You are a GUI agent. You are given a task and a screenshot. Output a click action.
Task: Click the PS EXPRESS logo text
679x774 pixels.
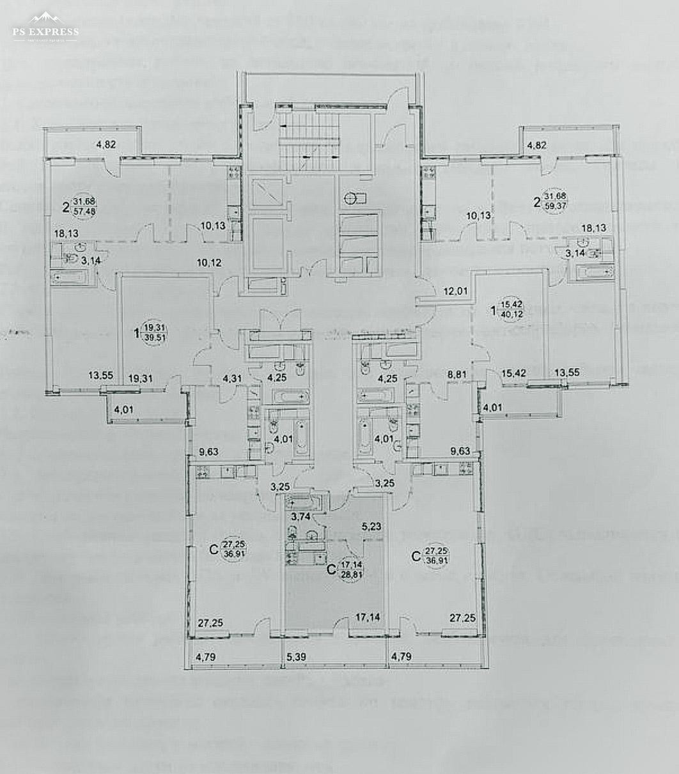[45, 31]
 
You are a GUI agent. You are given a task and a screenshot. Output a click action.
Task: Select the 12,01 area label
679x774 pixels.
[457, 292]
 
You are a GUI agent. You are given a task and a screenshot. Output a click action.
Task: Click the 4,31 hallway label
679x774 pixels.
[232, 378]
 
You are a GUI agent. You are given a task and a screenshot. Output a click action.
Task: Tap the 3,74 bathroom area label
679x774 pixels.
[301, 517]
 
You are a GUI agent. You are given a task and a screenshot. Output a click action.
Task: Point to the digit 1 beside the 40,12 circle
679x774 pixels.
[492, 311]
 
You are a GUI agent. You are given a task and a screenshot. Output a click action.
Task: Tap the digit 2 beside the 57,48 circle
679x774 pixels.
[66, 206]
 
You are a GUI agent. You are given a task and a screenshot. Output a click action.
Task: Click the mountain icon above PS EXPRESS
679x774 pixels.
[45, 18]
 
